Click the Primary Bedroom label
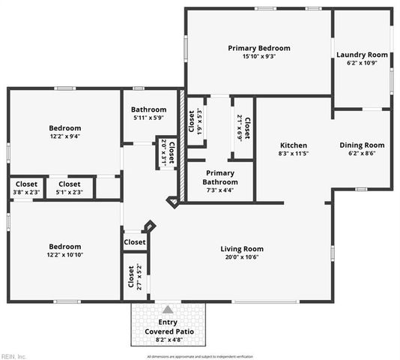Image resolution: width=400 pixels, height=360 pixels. click(258, 48)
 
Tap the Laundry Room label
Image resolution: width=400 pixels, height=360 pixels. click(362, 55)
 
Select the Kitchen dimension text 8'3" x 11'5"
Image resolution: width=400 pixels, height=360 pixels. click(294, 154)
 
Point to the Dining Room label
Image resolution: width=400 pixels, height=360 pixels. click(362, 145)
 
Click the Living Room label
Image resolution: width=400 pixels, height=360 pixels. click(242, 249)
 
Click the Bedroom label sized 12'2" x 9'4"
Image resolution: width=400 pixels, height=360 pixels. click(65, 128)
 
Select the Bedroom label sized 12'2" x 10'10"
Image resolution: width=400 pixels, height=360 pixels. click(65, 246)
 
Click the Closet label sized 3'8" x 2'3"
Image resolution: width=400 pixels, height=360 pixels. click(27, 184)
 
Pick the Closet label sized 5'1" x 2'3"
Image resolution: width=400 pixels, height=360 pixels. click(70, 184)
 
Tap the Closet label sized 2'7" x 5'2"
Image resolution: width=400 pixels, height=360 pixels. click(130, 278)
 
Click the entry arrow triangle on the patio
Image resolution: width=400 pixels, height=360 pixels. click(168, 309)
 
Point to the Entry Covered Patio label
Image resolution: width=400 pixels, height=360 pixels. click(169, 326)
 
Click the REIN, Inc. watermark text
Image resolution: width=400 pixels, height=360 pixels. click(13, 355)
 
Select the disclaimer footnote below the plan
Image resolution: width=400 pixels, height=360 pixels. click(200, 355)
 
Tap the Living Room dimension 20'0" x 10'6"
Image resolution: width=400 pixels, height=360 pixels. click(242, 257)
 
